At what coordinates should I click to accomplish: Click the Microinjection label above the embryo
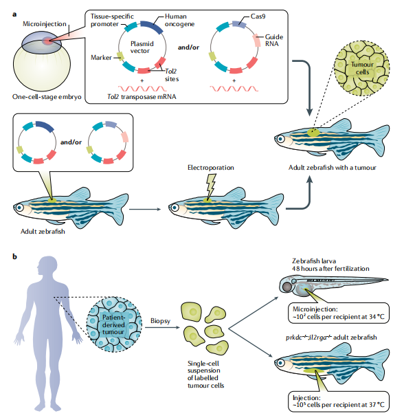45,24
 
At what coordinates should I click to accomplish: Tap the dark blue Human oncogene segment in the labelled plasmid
152,27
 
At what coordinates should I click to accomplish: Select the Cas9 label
258,16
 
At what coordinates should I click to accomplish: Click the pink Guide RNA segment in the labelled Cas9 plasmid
257,41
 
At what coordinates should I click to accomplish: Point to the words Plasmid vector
142,47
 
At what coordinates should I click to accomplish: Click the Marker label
101,58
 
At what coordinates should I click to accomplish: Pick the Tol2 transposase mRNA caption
142,97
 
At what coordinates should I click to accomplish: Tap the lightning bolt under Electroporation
210,186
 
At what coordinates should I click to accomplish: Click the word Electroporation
211,168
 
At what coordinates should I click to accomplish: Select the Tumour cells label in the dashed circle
362,68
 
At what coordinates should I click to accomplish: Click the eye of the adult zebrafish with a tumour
280,139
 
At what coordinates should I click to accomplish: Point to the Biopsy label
160,321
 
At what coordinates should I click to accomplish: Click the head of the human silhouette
48,266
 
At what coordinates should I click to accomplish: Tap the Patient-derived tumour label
113,324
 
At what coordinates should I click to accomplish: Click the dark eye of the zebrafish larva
287,287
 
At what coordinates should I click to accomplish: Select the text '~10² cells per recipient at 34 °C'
339,317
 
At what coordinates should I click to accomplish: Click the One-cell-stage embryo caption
47,97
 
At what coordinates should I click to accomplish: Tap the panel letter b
14,256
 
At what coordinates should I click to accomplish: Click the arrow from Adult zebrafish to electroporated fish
145,209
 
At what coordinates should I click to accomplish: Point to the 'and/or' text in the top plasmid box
188,47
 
